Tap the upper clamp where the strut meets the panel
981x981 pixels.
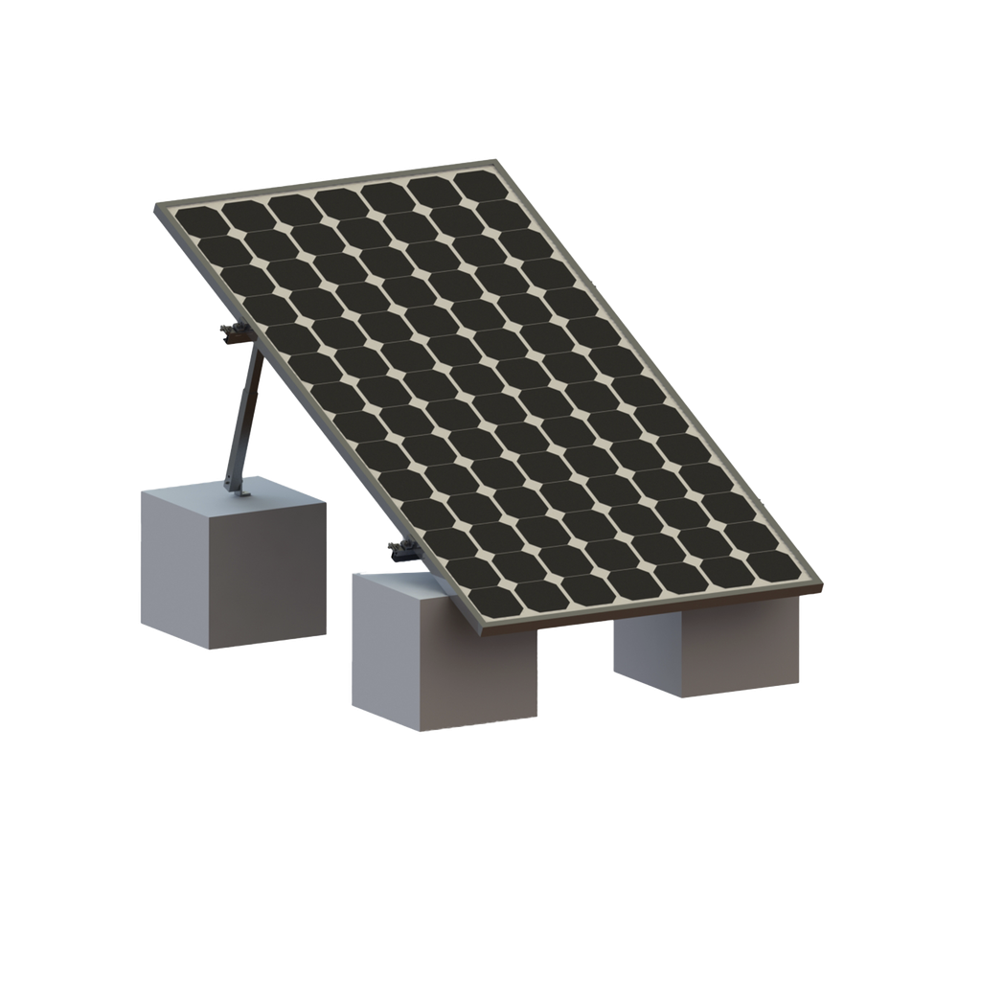coord(235,332)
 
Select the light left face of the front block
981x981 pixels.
coord(383,651)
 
